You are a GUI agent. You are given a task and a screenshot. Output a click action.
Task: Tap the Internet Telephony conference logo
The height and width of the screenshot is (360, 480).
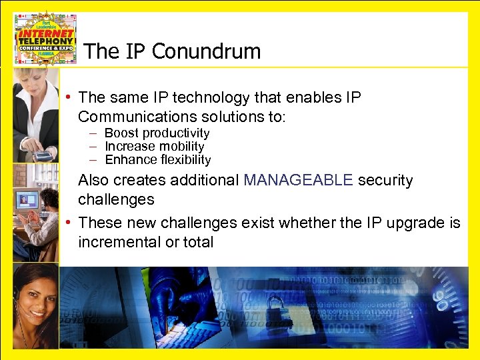click(x=45, y=38)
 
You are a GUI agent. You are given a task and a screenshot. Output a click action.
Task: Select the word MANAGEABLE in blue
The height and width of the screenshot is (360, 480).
click(x=297, y=180)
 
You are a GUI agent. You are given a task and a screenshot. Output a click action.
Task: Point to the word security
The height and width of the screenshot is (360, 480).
click(x=385, y=180)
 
